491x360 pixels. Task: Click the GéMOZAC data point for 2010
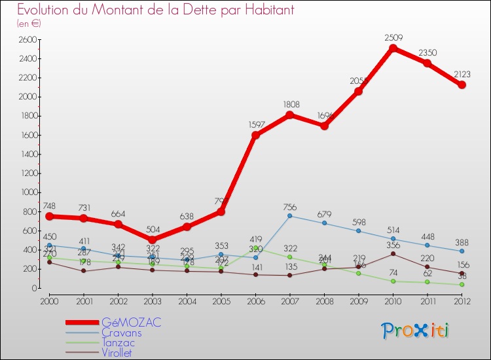[x=393, y=48]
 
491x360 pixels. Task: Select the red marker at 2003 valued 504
[x=152, y=240]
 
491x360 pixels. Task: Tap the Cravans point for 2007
[x=290, y=216]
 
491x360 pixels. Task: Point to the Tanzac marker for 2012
[x=462, y=285]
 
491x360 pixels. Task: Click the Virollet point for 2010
[x=393, y=254]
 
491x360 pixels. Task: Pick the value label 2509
[x=394, y=38]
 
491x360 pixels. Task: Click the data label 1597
[x=257, y=124]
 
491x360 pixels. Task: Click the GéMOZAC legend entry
[x=131, y=323]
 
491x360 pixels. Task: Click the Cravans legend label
[x=121, y=333]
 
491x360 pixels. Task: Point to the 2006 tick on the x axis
[x=255, y=300]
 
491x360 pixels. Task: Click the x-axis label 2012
[x=462, y=300]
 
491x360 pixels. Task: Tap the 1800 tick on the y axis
[x=27, y=116]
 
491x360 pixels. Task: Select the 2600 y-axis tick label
[x=27, y=40]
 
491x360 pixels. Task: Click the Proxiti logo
[x=416, y=331]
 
